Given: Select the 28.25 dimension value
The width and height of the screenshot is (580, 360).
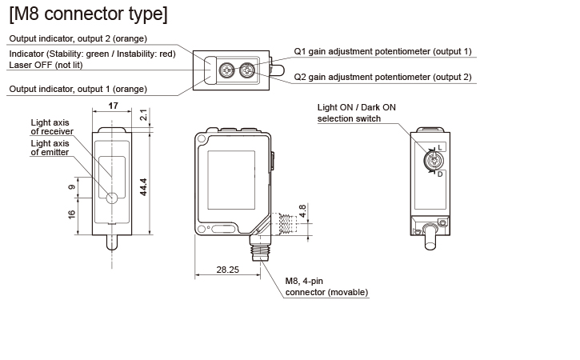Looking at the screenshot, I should pos(228,270).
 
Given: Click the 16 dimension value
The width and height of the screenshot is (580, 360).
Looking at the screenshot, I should pos(72,214).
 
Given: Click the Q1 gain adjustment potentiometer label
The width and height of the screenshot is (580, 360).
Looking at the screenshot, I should pos(382,51).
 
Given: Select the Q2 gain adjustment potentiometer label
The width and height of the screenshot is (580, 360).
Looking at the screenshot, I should pos(382,78).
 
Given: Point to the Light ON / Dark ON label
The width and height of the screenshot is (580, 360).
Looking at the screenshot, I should pos(358,106).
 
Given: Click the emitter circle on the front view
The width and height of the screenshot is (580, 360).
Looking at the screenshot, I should pos(111,198).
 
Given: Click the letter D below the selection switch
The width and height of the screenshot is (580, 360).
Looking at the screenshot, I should pos(440,174).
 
